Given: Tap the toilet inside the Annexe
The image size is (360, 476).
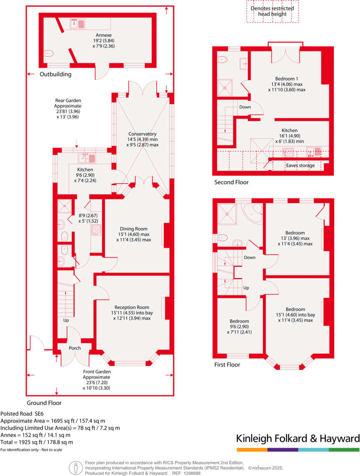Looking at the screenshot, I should coord(49,53).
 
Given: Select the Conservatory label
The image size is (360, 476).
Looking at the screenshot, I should coord(142,134).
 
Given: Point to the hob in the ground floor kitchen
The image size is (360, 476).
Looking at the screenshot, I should coord(96,230).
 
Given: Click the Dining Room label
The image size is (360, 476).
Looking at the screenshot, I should coord(134,229).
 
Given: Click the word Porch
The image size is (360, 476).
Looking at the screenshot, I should coord(75,348).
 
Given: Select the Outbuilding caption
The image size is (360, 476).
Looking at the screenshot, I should coord(56,74).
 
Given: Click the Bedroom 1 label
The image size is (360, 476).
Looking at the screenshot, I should coord(286,78).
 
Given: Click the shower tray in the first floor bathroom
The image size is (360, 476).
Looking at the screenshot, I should coord(228,213).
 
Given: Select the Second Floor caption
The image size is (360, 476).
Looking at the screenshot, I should coord(231,182).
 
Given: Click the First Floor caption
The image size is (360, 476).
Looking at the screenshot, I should coord(227,364).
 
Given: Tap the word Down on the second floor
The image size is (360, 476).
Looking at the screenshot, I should coord(245,107).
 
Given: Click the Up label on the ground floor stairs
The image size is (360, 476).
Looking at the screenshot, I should coord(66,321).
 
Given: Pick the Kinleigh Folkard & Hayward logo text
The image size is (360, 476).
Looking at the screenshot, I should coord(298,438).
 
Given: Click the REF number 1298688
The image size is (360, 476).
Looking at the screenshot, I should coord(192,473).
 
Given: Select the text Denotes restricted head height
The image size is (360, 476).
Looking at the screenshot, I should coord(272,11).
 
